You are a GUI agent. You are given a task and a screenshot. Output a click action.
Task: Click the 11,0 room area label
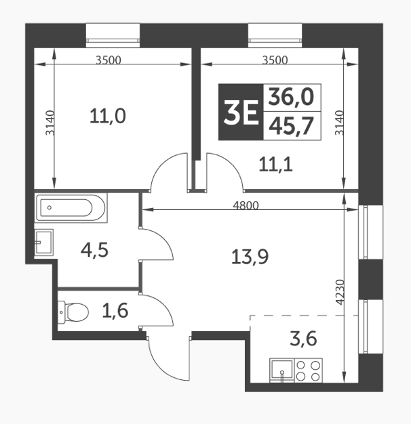(108, 116)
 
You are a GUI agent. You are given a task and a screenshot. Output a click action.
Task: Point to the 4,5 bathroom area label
(94, 250)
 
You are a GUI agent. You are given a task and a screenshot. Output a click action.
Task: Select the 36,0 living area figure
(291, 98)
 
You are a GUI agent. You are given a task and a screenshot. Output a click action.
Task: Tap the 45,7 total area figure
(291, 125)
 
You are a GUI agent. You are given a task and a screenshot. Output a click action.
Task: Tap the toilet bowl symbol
(75, 312)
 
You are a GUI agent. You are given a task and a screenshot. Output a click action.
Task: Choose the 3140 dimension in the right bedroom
(340, 124)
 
